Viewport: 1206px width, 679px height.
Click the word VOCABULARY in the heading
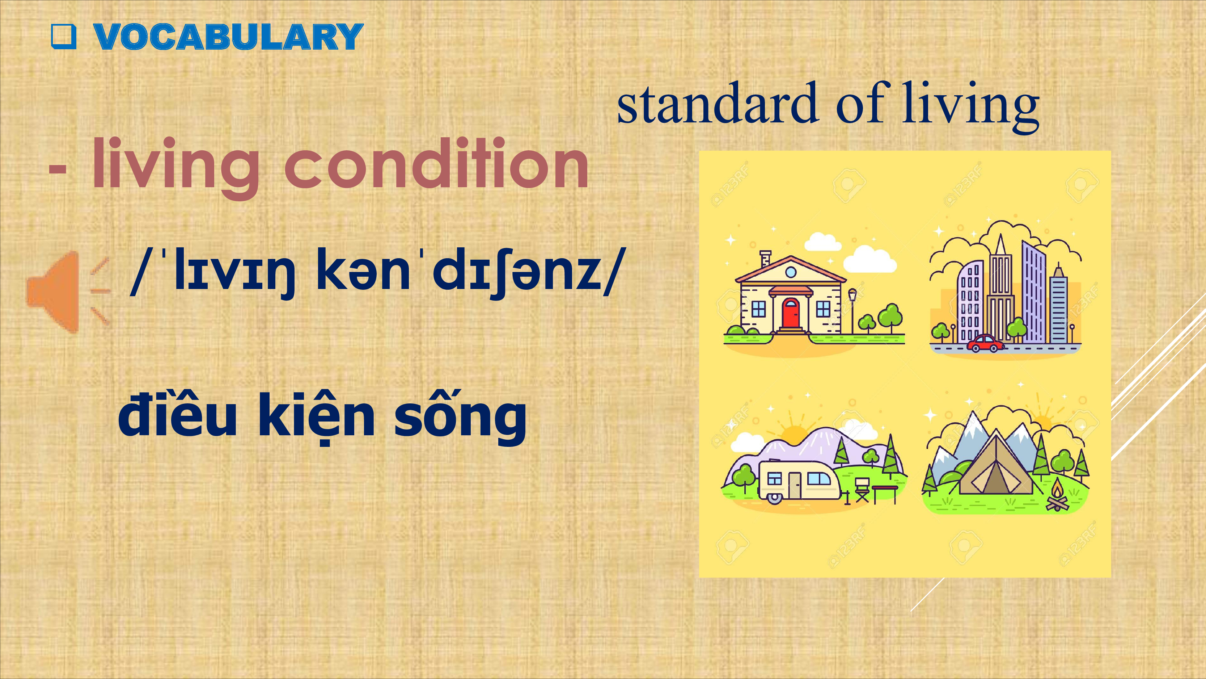228,37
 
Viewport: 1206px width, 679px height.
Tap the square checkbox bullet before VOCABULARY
63,37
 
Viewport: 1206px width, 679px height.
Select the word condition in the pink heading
436,164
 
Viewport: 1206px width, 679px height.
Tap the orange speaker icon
68,292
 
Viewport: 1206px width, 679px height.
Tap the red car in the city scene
986,343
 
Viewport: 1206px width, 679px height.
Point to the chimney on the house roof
765,258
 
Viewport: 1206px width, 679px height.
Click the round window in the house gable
791,272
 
